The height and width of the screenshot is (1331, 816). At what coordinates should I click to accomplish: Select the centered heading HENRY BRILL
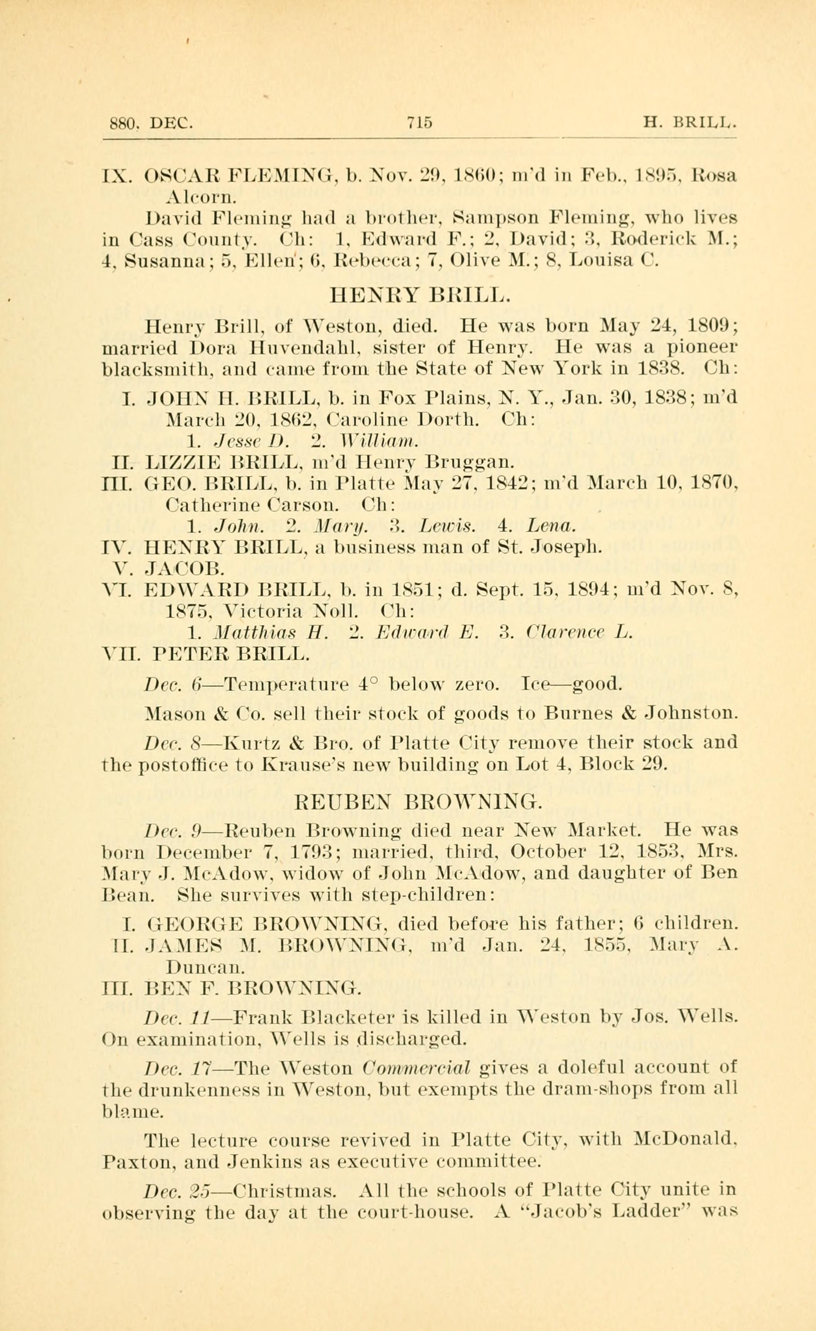419,296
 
